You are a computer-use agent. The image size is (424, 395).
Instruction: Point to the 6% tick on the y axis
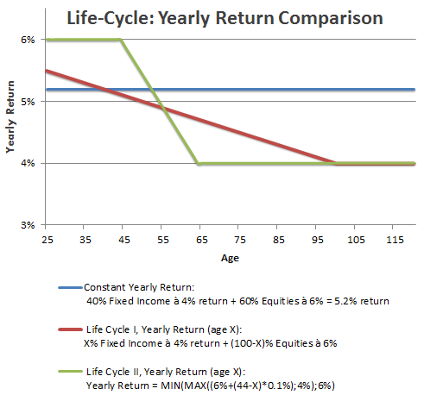pyautogui.click(x=28, y=40)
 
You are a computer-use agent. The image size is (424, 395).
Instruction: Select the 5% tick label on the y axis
pyautogui.click(x=28, y=101)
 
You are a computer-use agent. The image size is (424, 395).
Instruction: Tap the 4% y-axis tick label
pyautogui.click(x=28, y=163)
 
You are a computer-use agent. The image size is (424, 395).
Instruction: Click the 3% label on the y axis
pyautogui.click(x=28, y=224)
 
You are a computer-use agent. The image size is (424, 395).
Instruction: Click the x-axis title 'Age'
pyautogui.click(x=229, y=256)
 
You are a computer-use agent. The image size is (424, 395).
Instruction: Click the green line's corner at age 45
pyautogui.click(x=121, y=41)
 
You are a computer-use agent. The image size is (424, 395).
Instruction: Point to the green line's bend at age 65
pyautogui.click(x=199, y=163)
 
